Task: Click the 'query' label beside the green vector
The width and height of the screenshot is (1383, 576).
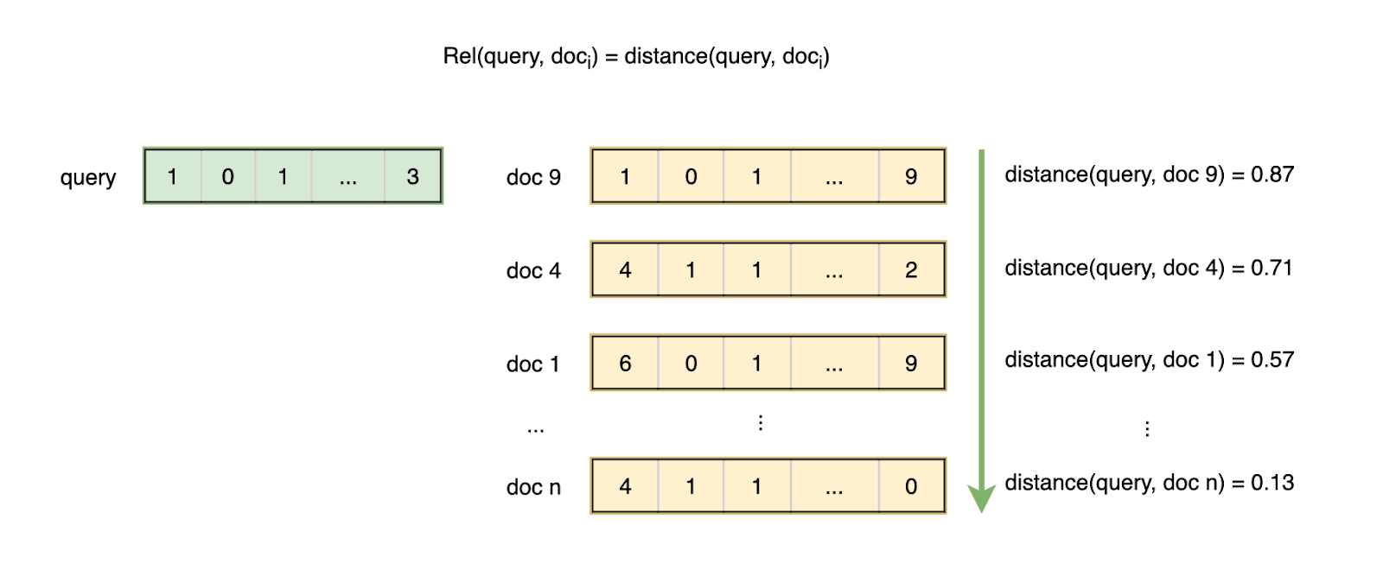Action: click(87, 178)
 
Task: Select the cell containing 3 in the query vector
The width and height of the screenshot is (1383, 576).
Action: click(412, 177)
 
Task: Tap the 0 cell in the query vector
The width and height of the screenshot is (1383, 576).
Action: click(227, 177)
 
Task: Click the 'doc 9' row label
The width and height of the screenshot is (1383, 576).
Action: click(533, 178)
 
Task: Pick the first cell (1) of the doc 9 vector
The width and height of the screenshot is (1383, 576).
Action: click(625, 177)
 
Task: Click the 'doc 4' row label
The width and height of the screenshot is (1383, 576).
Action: click(533, 271)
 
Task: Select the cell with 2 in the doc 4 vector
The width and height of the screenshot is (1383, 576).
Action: click(911, 270)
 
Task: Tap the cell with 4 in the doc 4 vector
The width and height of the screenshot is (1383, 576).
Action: click(625, 270)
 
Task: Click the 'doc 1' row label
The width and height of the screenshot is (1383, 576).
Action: click(532, 364)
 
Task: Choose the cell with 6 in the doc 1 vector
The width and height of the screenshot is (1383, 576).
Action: click(625, 364)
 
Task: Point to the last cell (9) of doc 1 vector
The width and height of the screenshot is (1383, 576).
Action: click(911, 364)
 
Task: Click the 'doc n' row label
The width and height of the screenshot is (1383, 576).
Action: click(533, 488)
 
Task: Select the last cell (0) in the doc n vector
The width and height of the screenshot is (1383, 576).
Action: click(911, 487)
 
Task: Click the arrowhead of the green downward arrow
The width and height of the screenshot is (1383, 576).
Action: click(981, 498)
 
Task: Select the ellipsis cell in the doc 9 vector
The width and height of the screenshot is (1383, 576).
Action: click(833, 177)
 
